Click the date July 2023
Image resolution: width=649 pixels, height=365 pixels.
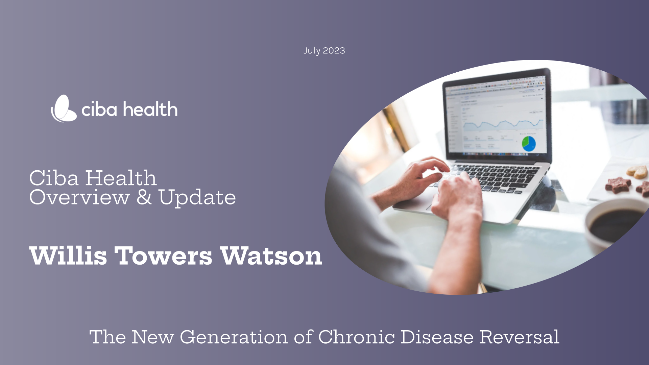(324, 51)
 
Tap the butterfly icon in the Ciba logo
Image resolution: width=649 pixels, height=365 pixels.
(64, 109)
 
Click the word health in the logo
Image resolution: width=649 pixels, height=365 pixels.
(150, 109)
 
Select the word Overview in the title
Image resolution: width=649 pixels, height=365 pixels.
(79, 197)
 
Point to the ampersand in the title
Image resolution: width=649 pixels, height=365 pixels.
(144, 197)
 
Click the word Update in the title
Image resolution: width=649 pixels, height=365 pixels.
(197, 198)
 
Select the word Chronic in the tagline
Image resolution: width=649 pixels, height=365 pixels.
(356, 337)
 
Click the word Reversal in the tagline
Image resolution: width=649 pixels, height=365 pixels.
(519, 337)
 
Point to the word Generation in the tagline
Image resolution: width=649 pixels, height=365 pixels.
(234, 337)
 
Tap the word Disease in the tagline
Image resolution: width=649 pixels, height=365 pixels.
(437, 337)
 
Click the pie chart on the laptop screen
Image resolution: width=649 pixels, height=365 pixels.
(529, 144)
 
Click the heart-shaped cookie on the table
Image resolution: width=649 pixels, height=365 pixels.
(637, 172)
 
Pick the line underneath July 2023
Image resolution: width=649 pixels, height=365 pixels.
(324, 60)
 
